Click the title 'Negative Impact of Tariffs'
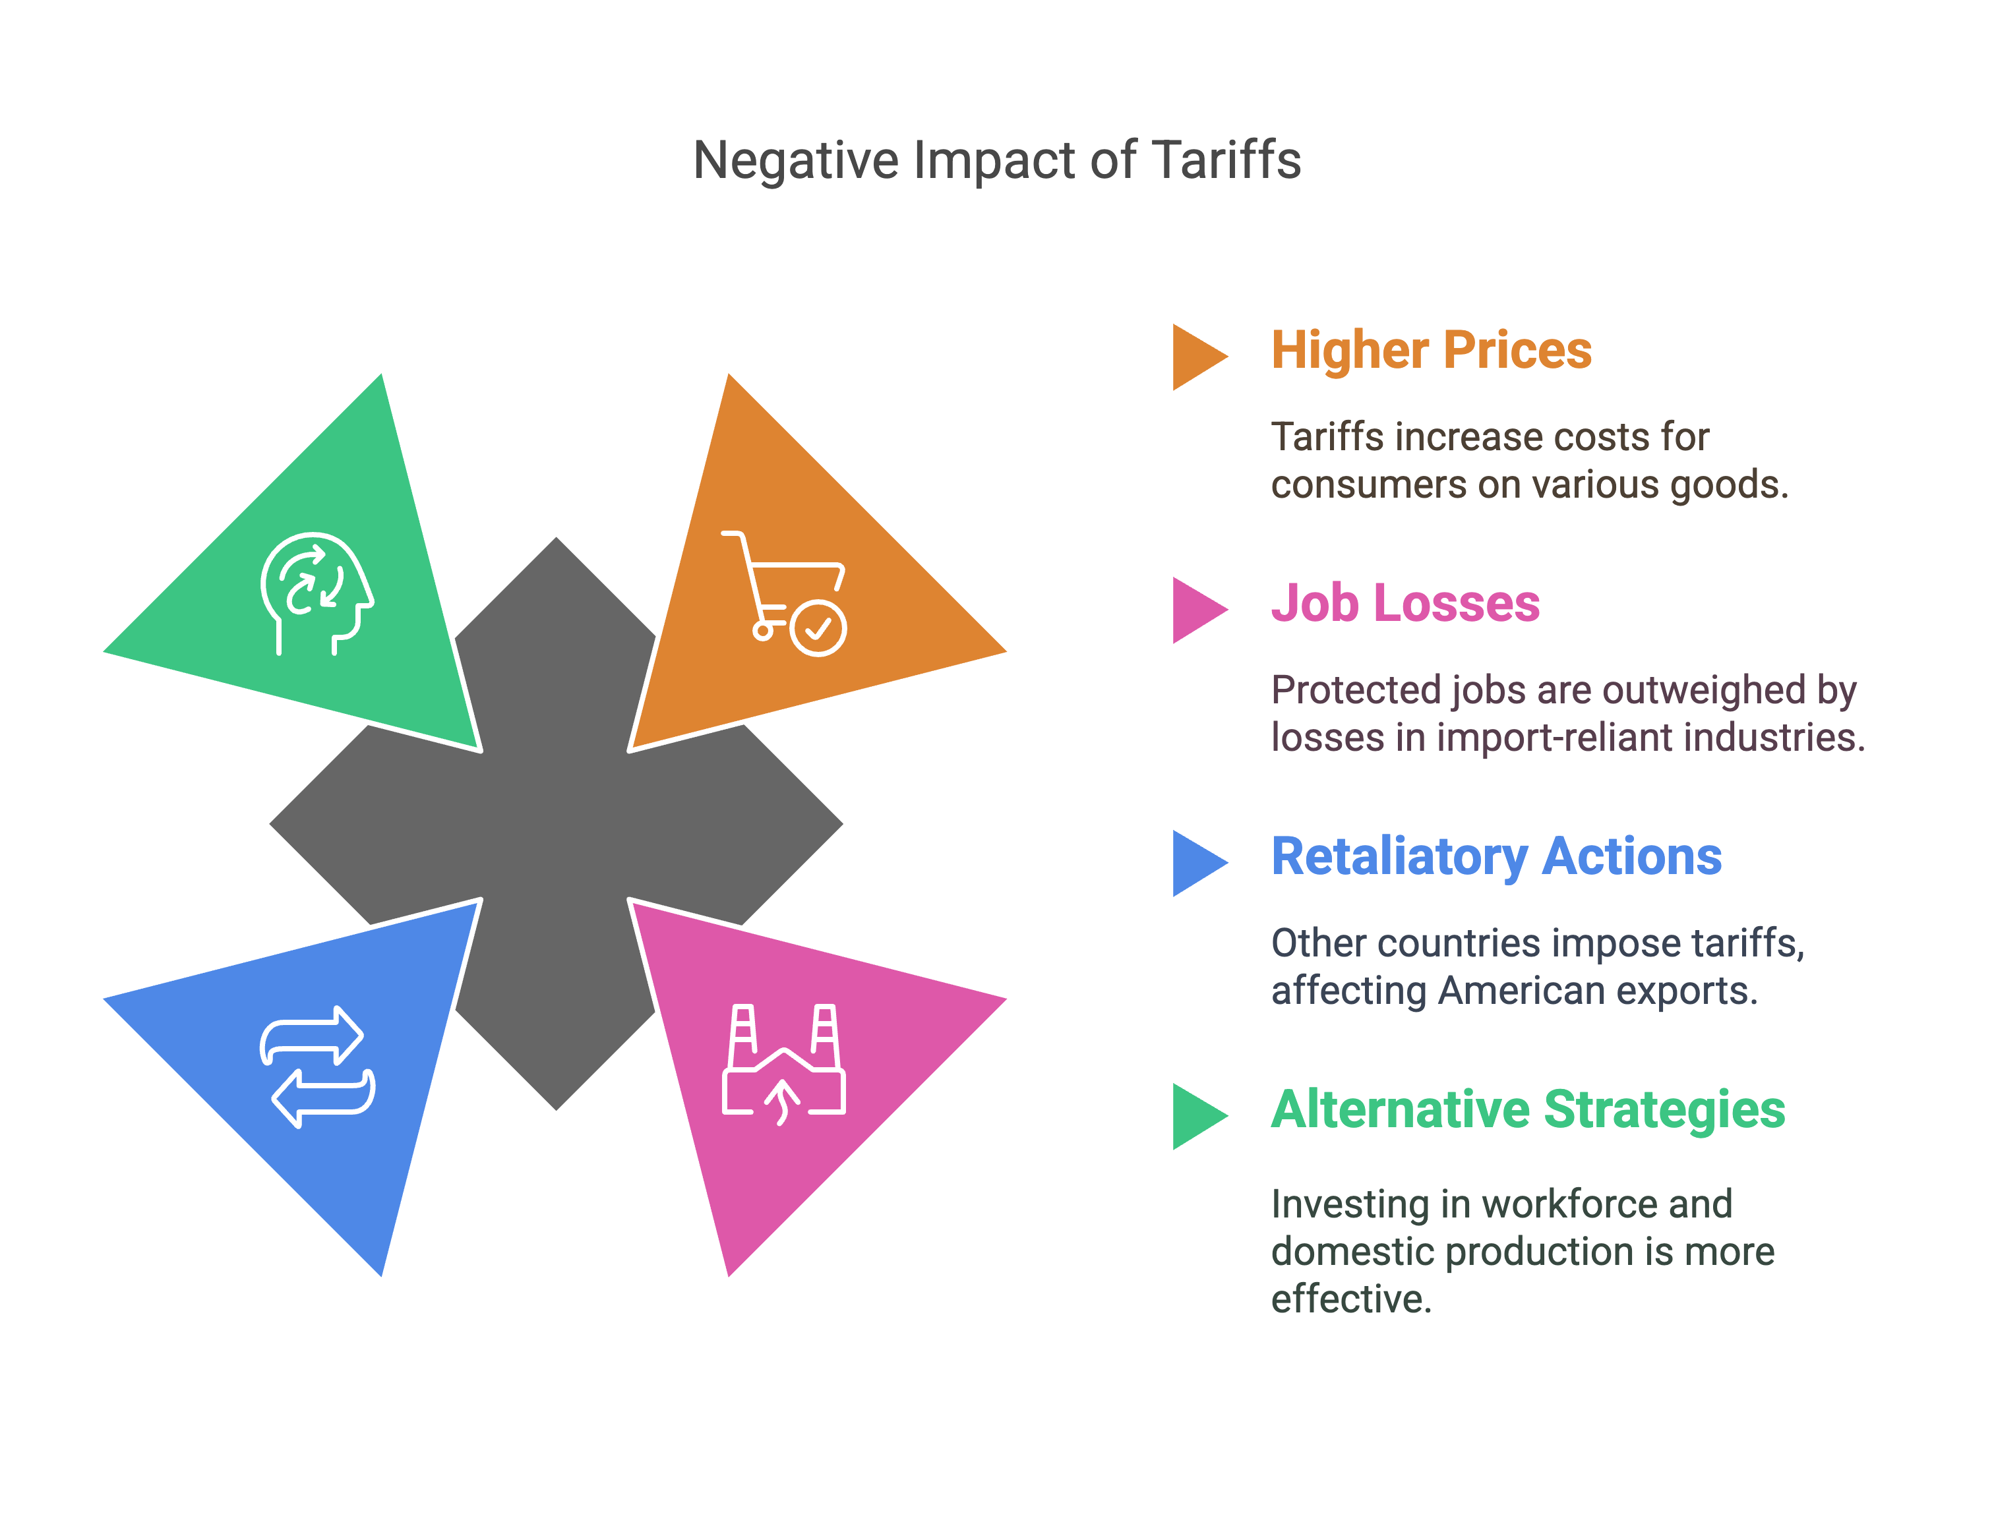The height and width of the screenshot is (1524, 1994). pyautogui.click(x=996, y=161)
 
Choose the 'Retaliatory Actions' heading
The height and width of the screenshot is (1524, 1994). pyautogui.click(x=1496, y=856)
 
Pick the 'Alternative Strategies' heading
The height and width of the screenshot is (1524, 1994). pyautogui.click(x=1528, y=1109)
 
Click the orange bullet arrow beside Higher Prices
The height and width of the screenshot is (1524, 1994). pyautogui.click(x=1197, y=357)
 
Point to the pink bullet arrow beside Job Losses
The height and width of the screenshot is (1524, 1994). pyautogui.click(x=1197, y=610)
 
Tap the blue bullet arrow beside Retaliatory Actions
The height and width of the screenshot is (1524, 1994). pyautogui.click(x=1197, y=863)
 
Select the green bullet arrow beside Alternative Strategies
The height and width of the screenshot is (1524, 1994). pyautogui.click(x=1197, y=1116)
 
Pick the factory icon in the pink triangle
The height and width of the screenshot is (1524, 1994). pyautogui.click(x=784, y=1063)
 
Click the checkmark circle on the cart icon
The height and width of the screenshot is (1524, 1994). pyautogui.click(x=818, y=628)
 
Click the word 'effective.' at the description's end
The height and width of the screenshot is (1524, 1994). pyautogui.click(x=1351, y=1299)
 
